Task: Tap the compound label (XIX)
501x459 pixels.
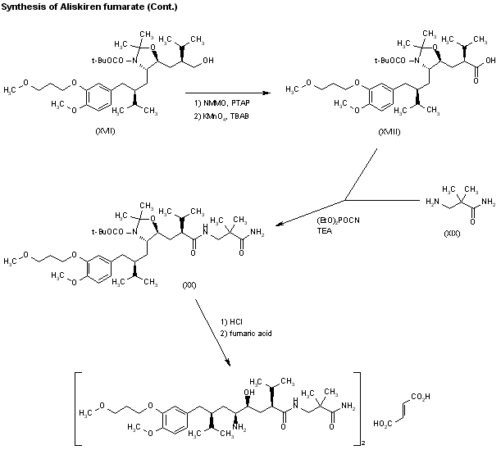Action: (453, 234)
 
